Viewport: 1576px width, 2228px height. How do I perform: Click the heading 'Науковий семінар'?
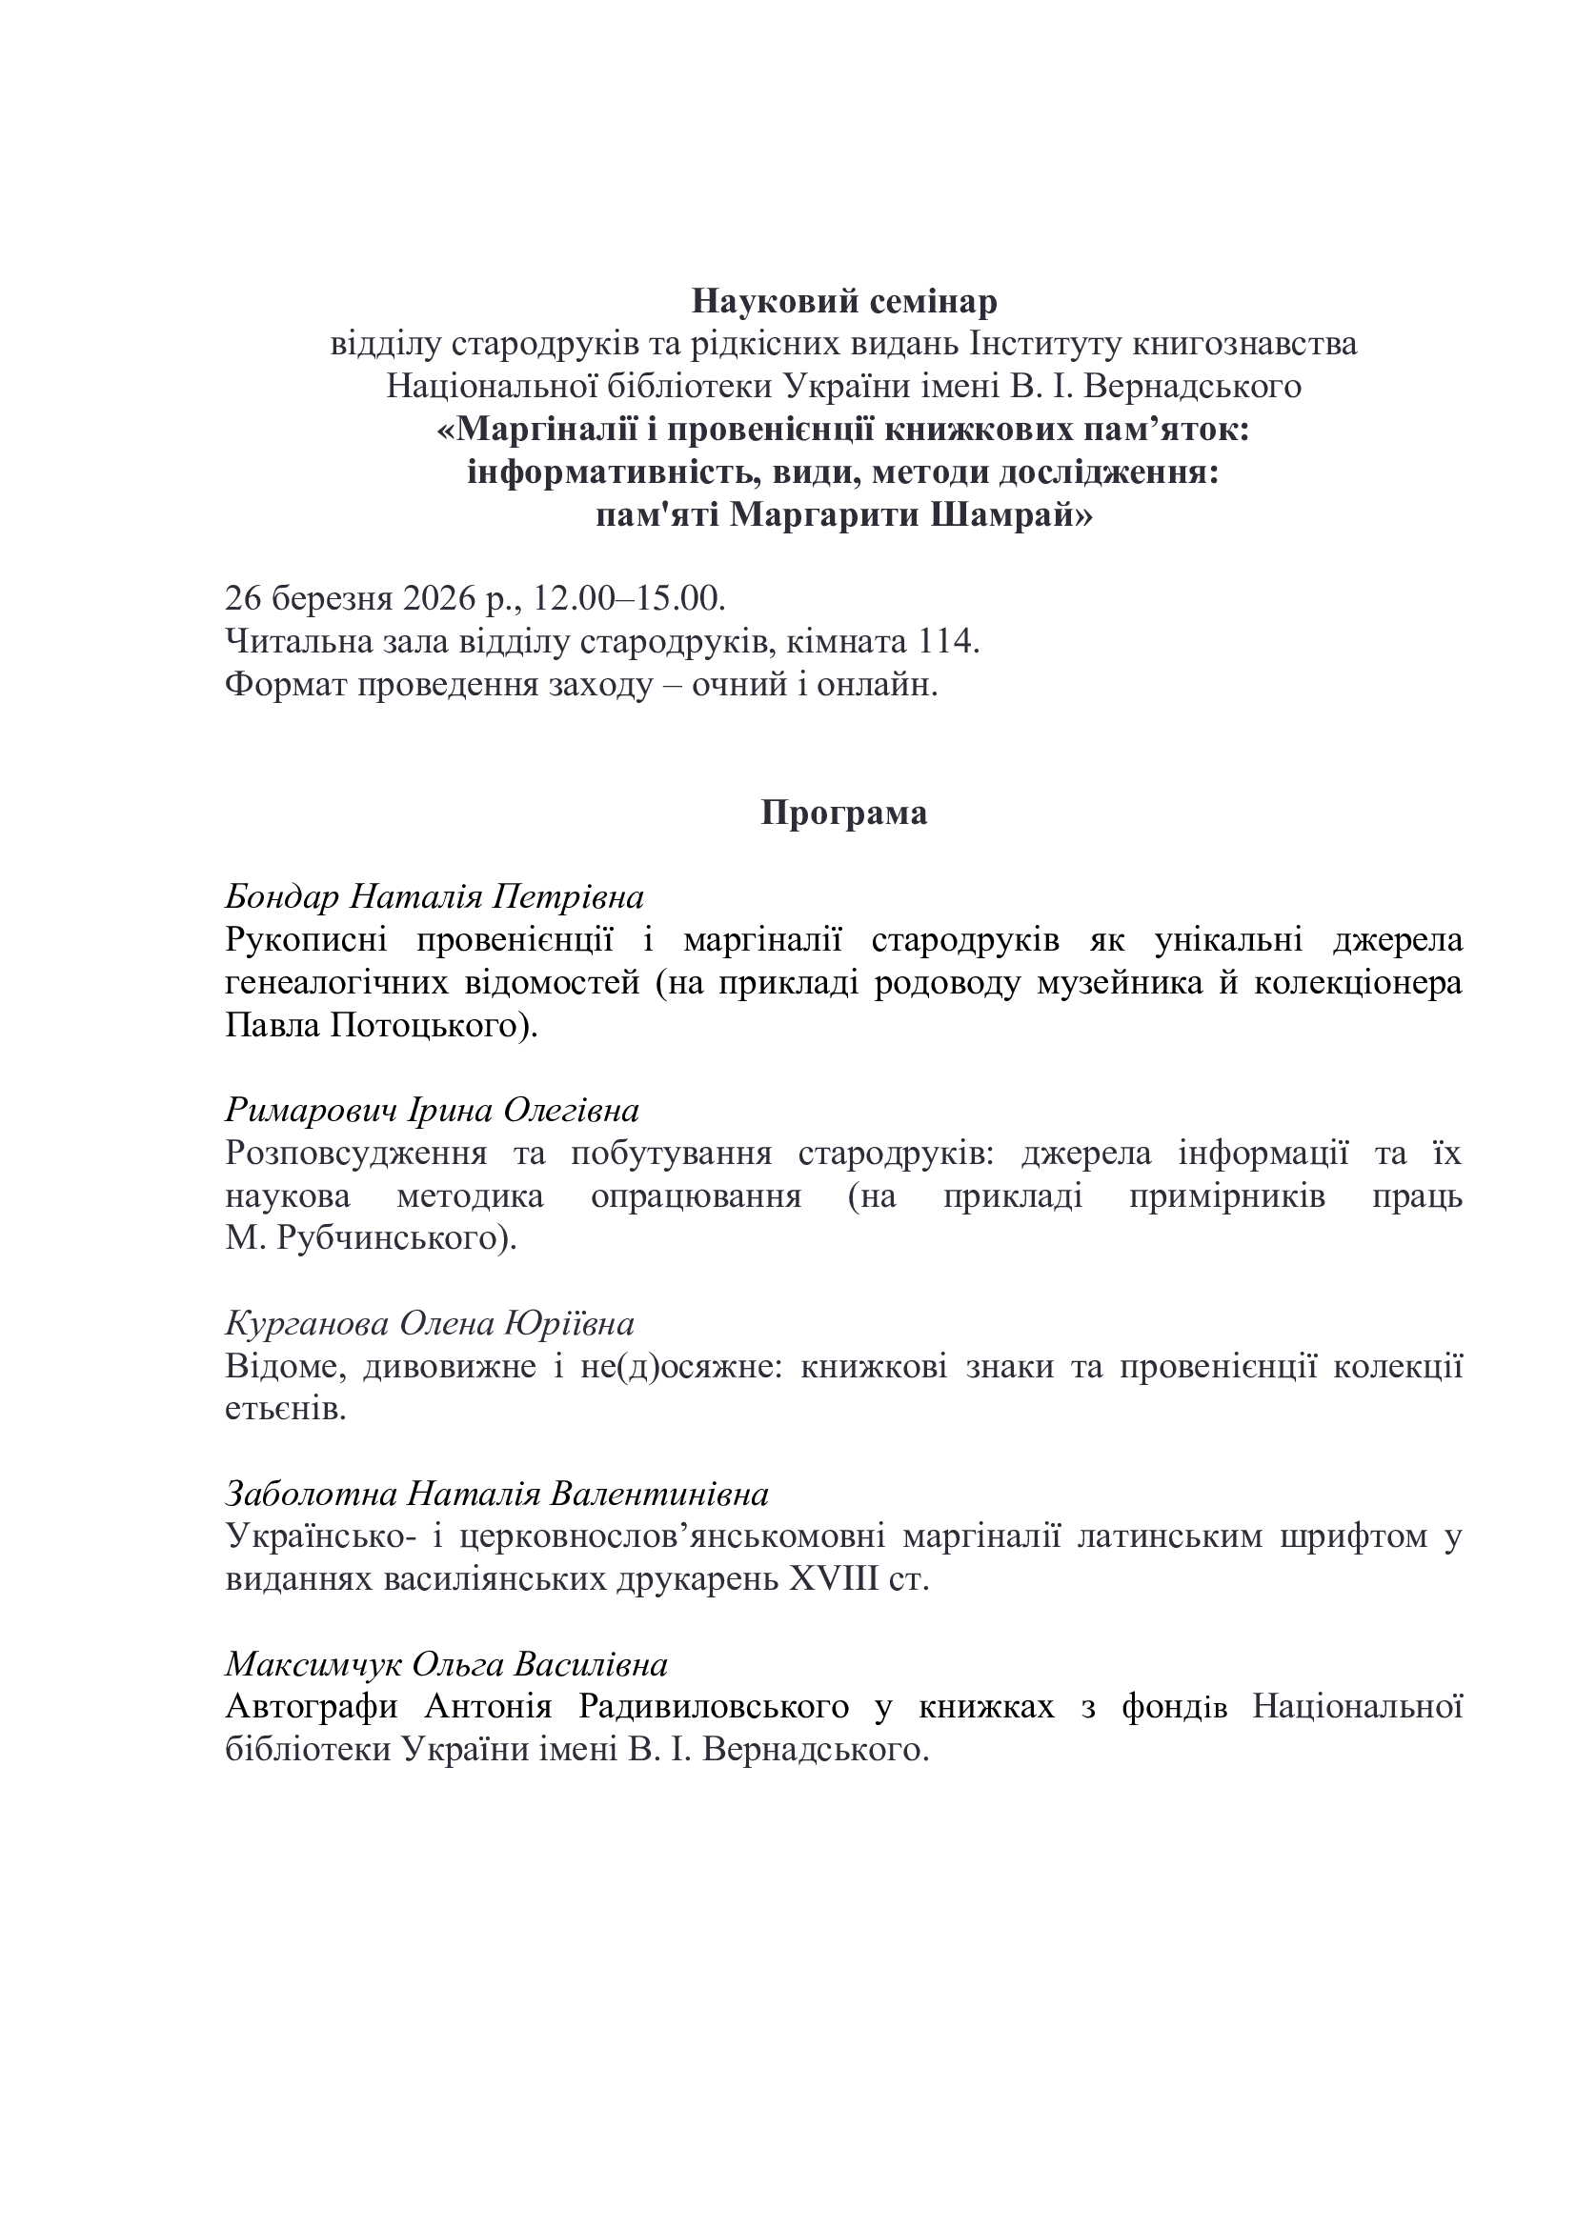[843, 302]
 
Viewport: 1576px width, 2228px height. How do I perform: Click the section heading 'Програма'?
[843, 813]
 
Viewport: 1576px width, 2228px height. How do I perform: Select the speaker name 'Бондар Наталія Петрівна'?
[434, 896]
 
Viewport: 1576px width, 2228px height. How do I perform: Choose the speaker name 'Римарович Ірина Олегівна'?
[432, 1110]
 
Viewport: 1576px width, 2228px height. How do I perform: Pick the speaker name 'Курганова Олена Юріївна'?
[429, 1324]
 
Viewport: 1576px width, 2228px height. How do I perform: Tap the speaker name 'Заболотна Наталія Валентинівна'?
[495, 1494]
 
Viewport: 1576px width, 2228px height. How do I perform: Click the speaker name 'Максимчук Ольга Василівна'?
[446, 1664]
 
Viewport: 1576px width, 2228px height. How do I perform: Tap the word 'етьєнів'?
[285, 1409]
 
